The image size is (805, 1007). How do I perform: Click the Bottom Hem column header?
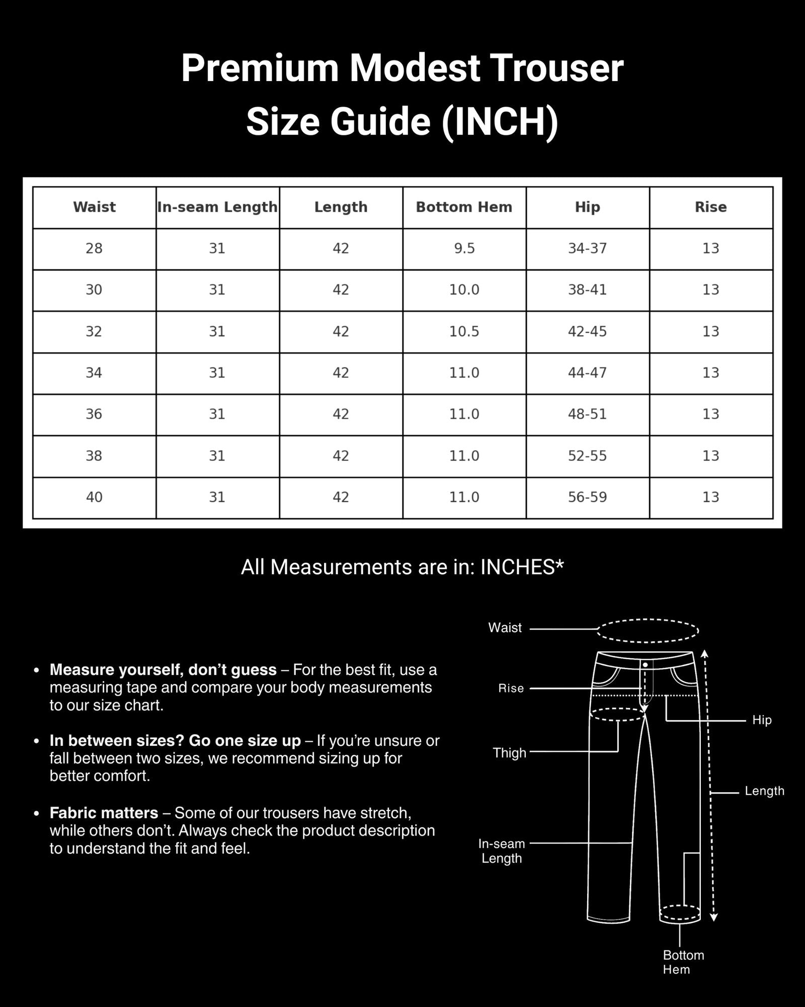(x=464, y=207)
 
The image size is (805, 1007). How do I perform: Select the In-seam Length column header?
(x=217, y=207)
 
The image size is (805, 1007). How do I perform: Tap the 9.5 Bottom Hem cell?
(x=464, y=249)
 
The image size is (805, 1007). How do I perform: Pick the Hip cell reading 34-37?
(x=587, y=249)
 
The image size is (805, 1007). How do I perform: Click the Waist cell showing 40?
(x=94, y=497)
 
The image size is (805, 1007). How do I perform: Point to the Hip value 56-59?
(x=587, y=497)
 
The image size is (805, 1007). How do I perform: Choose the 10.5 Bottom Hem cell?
(x=464, y=332)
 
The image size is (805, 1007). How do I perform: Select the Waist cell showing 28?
(x=94, y=249)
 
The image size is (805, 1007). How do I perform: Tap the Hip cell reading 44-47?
(x=587, y=373)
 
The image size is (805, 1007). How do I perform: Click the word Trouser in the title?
(x=556, y=68)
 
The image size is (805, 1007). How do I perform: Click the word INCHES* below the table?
(x=522, y=567)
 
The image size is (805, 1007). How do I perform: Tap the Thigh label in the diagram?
(x=509, y=753)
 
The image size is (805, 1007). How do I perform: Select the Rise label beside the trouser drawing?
(x=511, y=688)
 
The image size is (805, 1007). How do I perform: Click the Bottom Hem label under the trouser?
(x=683, y=962)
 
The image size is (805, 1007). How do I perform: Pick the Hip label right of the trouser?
(x=762, y=720)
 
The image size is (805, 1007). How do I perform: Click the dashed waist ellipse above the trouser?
(x=648, y=631)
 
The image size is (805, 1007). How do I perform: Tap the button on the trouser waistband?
(x=645, y=665)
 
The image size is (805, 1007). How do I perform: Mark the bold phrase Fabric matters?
(x=104, y=813)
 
